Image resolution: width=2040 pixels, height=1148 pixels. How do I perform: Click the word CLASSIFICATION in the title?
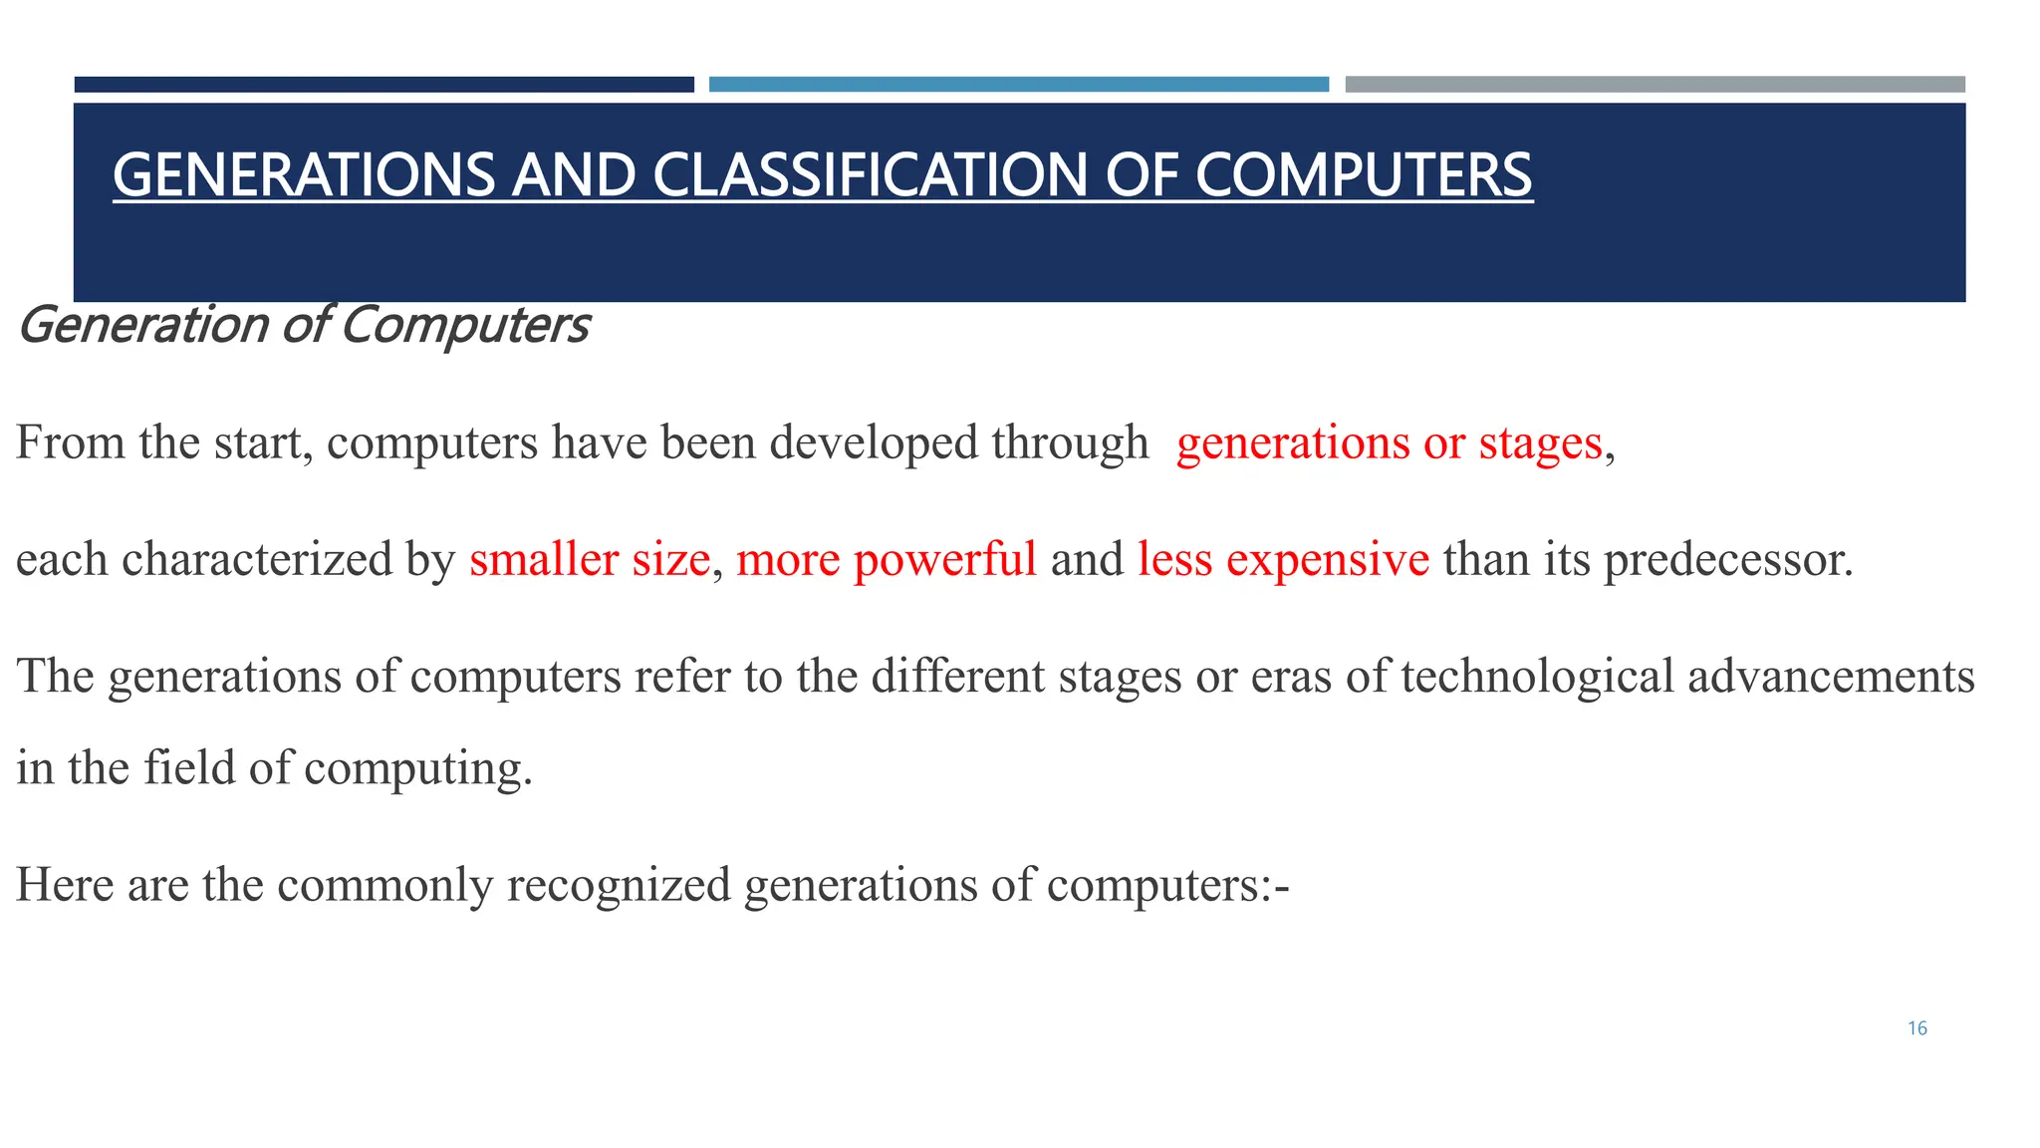[870, 175]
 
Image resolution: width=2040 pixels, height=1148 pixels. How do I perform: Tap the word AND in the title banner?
[573, 175]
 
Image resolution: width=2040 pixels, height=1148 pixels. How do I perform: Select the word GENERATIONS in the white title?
[303, 175]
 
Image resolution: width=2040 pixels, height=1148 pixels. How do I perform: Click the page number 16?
[1917, 1028]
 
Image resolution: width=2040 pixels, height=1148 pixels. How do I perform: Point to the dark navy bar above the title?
[383, 85]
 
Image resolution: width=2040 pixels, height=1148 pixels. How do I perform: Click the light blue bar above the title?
[1018, 85]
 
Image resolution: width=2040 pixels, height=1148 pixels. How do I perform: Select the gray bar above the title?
[1655, 85]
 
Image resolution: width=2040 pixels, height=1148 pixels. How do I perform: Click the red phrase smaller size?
[589, 559]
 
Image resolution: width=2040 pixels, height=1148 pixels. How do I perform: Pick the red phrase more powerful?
[886, 559]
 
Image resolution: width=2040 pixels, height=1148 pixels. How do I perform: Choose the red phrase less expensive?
[1283, 559]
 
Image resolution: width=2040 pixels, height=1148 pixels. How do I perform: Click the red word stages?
[1540, 443]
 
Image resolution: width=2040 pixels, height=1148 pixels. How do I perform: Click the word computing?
[417, 768]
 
